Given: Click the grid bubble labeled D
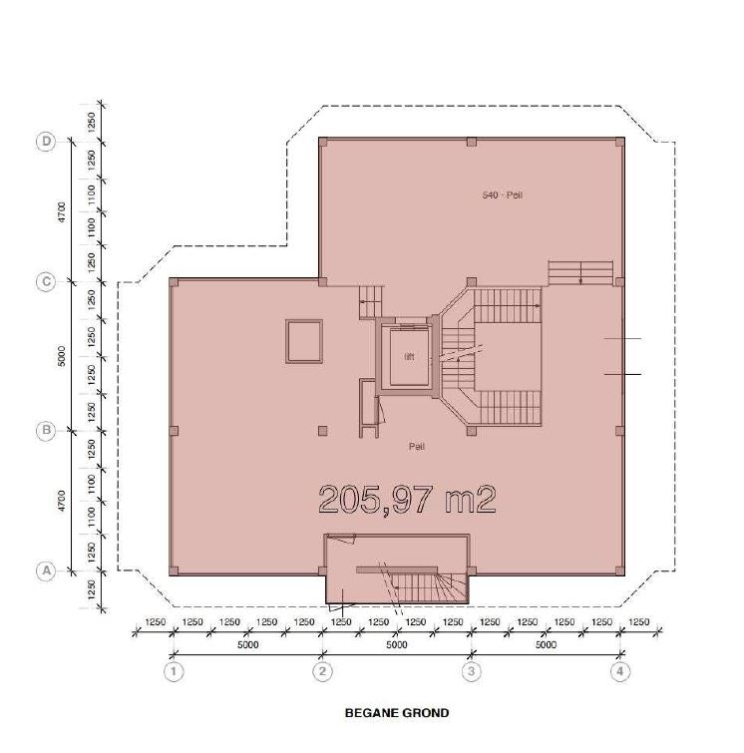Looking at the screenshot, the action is click(x=46, y=142).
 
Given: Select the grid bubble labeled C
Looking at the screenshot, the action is click(x=46, y=281).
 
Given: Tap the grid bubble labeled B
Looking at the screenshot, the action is click(x=46, y=430).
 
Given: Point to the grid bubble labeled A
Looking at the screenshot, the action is click(x=46, y=571).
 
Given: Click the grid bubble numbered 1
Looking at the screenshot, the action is click(x=174, y=671).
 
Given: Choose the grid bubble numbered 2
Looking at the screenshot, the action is click(x=322, y=671).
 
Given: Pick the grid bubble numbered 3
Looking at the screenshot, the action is click(x=471, y=671).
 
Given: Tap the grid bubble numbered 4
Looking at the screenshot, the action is click(x=620, y=671).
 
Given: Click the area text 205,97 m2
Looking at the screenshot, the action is click(x=407, y=500).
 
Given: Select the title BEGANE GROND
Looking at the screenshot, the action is click(x=397, y=713).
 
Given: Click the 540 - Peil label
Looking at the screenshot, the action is click(x=502, y=194).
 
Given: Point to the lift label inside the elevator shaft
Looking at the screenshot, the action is click(x=409, y=356).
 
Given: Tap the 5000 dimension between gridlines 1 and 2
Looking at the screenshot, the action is click(x=248, y=644).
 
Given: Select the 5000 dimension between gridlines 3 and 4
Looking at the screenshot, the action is click(x=546, y=644).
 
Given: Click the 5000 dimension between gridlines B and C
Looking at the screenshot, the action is click(x=62, y=356).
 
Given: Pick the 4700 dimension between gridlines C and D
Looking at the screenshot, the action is click(x=62, y=211).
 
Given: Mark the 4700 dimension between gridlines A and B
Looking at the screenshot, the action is click(x=62, y=500).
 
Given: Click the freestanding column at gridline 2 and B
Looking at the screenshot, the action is click(x=323, y=431).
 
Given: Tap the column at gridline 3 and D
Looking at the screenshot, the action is click(x=472, y=143).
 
